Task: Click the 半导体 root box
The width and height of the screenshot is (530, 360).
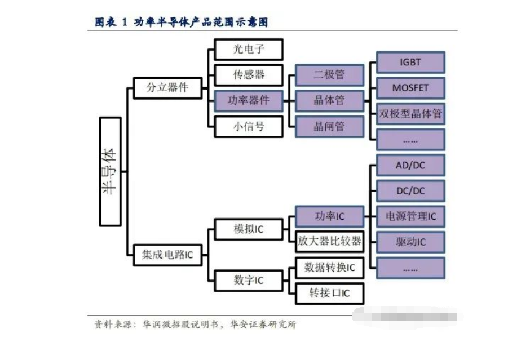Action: (110, 171)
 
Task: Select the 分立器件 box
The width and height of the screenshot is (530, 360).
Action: (167, 88)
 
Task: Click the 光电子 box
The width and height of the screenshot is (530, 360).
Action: (249, 49)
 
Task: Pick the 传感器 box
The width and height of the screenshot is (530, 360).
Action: (249, 75)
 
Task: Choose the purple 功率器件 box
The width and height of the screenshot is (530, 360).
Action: (249, 101)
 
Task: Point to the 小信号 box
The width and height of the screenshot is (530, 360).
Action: (249, 127)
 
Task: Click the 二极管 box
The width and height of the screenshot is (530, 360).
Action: (329, 75)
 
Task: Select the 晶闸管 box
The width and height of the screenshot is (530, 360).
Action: (329, 127)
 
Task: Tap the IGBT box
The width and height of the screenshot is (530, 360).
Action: (410, 62)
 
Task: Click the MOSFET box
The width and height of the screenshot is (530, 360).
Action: (410, 88)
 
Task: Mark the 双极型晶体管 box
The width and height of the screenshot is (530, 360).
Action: (410, 114)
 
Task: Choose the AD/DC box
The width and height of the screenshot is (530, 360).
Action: (410, 165)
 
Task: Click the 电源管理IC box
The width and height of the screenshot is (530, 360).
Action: (410, 216)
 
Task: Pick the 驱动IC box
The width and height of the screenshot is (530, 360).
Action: (410, 242)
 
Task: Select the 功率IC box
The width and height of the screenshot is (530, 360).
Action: (329, 216)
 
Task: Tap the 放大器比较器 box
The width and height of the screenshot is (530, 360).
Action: (329, 242)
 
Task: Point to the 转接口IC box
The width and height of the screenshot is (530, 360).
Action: (329, 294)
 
